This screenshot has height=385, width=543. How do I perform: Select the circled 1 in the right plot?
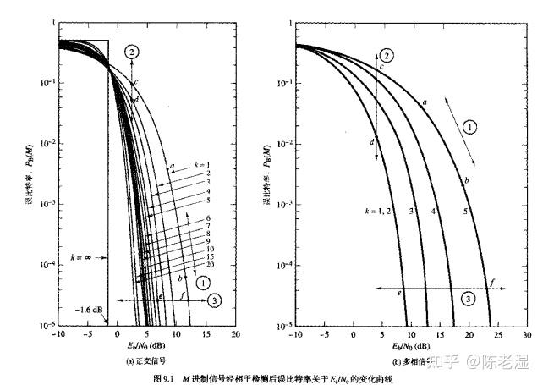[x=472, y=125]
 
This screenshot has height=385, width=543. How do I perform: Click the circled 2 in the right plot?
[x=387, y=54]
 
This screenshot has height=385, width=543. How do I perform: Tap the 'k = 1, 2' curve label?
[x=377, y=210]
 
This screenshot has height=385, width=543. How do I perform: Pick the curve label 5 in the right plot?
[x=466, y=210]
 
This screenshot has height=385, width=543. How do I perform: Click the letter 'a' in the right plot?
[x=424, y=102]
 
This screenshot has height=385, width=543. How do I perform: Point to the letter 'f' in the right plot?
[x=492, y=280]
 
